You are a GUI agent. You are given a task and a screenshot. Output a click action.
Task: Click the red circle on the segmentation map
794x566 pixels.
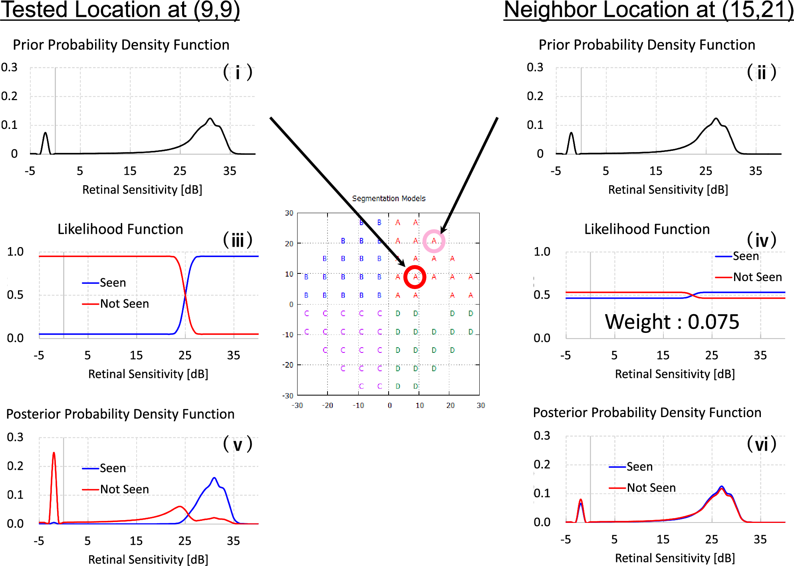click(x=415, y=277)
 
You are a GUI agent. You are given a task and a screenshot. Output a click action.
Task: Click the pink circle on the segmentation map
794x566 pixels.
click(x=434, y=241)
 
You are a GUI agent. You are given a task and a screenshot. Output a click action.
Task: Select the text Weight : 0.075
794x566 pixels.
click(x=672, y=322)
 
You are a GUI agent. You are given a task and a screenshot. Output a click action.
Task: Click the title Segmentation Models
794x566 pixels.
click(x=389, y=198)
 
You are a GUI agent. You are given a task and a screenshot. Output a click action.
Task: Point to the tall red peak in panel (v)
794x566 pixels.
click(x=54, y=453)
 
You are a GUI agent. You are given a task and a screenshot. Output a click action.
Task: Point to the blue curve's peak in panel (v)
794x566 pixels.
click(x=214, y=478)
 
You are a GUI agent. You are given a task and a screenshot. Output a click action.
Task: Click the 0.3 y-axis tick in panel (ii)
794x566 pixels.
click(x=535, y=67)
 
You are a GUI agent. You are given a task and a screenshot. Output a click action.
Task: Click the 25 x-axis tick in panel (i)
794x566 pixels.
click(x=180, y=171)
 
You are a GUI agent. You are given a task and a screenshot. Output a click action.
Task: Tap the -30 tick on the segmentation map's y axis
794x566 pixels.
click(x=288, y=396)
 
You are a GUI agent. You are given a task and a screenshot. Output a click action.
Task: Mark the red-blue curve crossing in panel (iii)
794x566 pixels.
click(x=185, y=295)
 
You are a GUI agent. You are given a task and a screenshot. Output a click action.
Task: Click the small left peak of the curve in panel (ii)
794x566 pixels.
click(x=572, y=133)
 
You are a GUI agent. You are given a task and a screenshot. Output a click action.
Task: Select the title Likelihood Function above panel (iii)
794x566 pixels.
click(x=120, y=229)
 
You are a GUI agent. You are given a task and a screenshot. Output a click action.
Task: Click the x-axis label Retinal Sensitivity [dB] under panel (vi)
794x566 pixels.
click(x=675, y=558)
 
